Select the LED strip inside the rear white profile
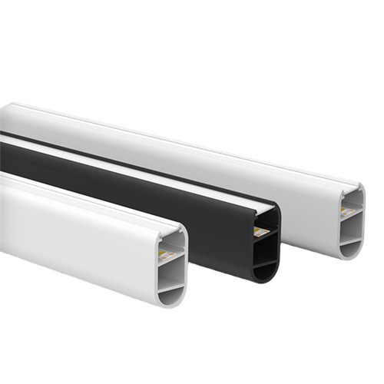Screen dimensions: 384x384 tap(348, 208)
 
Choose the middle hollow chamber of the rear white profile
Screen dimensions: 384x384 tap(349, 223)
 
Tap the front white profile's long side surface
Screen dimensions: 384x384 tap(77, 230)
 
